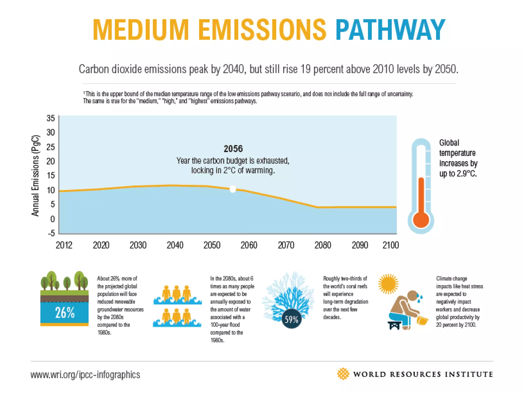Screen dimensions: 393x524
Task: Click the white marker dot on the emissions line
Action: [x=233, y=189]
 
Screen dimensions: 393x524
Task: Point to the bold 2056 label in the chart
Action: [x=233, y=149]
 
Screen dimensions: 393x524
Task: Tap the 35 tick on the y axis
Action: [x=51, y=118]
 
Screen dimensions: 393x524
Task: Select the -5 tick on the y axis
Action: [x=51, y=233]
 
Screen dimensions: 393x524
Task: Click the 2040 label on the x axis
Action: [x=175, y=245]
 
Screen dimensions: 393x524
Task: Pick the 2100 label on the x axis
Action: [x=390, y=245]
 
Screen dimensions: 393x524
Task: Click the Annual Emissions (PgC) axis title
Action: [x=35, y=175]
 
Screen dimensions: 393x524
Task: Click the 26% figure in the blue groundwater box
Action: [x=65, y=313]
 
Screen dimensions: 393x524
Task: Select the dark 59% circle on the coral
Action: [x=291, y=319]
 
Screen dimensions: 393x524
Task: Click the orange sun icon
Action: [x=388, y=284]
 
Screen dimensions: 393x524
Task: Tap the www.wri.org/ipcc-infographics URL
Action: [x=85, y=375]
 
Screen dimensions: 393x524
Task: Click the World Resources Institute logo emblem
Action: [x=343, y=374]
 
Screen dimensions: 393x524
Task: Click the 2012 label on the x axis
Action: [x=64, y=245]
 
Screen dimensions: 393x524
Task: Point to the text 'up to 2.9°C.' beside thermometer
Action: [x=458, y=174]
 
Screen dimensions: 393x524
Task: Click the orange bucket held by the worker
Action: [x=422, y=320]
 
